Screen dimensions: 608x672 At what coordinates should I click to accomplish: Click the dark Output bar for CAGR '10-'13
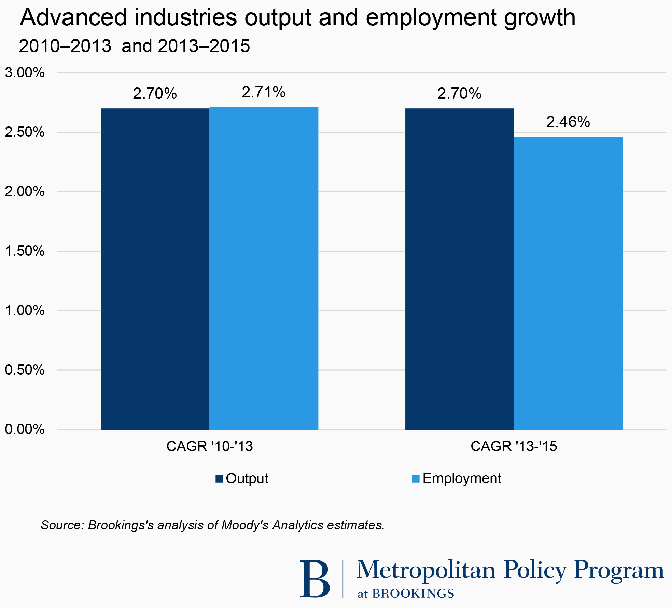pos(155,269)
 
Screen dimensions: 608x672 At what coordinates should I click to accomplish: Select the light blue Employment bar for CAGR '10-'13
pos(264,269)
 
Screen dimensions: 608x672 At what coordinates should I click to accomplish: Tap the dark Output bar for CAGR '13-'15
pos(459,269)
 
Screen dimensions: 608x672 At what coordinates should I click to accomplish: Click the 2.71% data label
pos(264,92)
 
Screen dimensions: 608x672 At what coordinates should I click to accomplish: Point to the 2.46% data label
pos(568,122)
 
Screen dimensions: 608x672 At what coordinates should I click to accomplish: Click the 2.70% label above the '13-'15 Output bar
pos(459,94)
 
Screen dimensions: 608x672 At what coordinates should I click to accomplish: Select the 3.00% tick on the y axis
pos(25,73)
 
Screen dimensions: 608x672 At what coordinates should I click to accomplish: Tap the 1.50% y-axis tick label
pos(25,251)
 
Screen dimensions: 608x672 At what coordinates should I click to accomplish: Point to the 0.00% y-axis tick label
pos(25,429)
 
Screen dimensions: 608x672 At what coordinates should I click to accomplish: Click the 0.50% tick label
pos(25,370)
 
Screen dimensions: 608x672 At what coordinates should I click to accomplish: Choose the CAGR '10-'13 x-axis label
pos(209,446)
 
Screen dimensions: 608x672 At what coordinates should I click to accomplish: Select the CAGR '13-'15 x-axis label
pos(514,446)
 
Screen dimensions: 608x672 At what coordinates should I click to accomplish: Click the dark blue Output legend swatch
pos(219,479)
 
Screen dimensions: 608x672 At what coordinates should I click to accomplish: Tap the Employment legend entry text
pos(462,478)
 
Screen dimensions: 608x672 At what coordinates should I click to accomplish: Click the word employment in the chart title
pos(431,18)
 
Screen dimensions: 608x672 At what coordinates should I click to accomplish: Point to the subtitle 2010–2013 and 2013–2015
pos(134,46)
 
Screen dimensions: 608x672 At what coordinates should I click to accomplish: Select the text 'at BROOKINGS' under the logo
pos(406,594)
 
